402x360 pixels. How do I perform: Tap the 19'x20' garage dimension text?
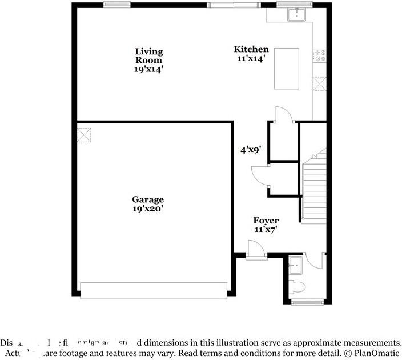(x=148, y=209)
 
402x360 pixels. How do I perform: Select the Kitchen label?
(x=251, y=49)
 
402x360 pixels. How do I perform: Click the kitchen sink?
(x=298, y=14)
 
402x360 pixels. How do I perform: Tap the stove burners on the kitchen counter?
(x=320, y=55)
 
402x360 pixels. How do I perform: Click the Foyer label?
(x=266, y=221)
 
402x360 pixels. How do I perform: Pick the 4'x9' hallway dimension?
(x=251, y=150)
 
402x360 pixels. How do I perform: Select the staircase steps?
(x=313, y=189)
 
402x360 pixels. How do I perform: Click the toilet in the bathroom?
(x=298, y=286)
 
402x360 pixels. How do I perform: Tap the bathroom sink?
(x=296, y=265)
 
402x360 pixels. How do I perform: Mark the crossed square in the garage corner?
(x=84, y=135)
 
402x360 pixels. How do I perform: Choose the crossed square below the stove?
(x=320, y=84)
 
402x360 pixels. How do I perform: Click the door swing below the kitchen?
(x=284, y=115)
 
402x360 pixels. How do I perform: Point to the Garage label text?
(x=148, y=199)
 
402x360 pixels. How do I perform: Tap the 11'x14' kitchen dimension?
(x=251, y=58)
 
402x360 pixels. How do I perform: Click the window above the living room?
(x=116, y=5)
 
